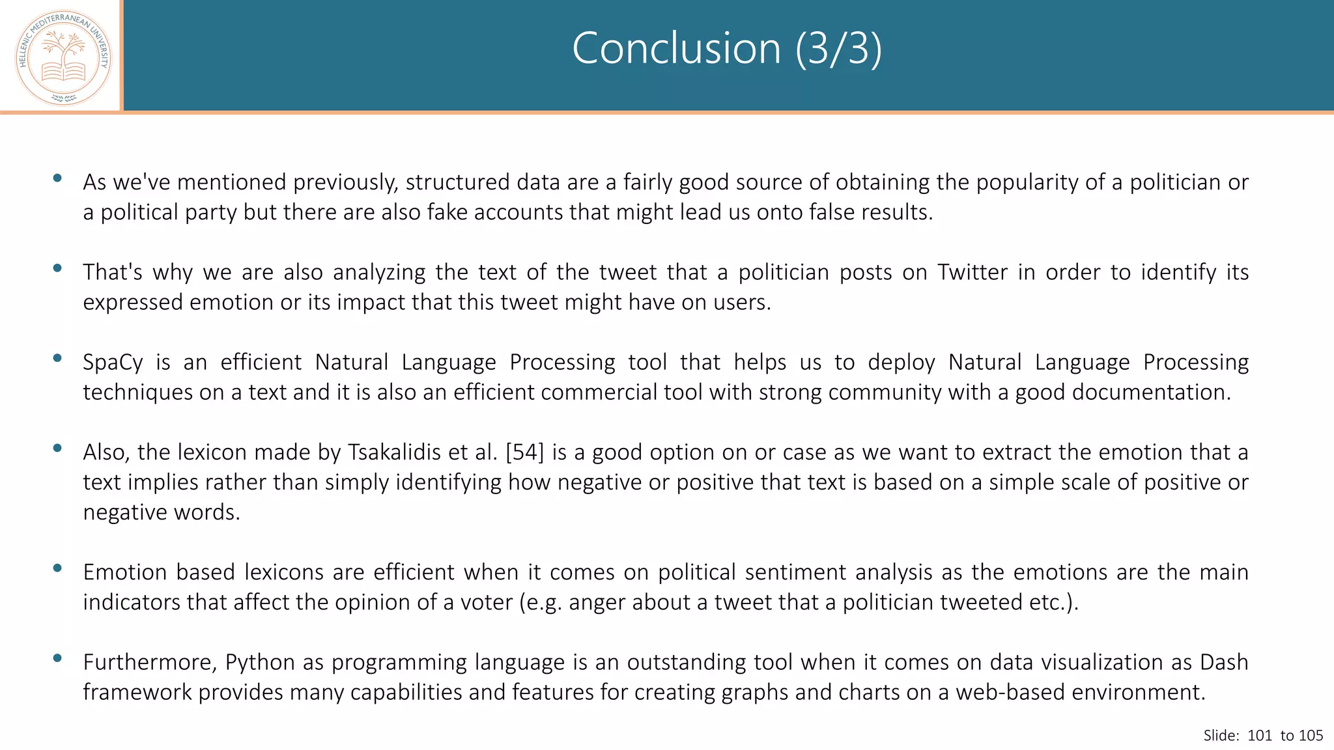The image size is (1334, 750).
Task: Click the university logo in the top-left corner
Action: (x=63, y=57)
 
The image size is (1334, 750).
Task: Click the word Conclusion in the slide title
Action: (x=676, y=48)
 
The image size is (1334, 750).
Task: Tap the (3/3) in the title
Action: (x=839, y=48)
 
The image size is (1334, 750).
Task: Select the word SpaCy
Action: (x=113, y=362)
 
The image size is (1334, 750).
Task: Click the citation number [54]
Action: (x=524, y=452)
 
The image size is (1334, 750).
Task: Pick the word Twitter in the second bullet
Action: (x=972, y=272)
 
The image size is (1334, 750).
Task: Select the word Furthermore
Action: (x=150, y=662)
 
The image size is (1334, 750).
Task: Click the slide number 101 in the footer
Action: (x=1260, y=736)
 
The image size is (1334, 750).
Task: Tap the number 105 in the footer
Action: (x=1311, y=736)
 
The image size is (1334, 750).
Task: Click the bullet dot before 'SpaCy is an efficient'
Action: (x=57, y=357)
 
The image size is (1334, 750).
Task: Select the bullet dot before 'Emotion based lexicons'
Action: (x=57, y=568)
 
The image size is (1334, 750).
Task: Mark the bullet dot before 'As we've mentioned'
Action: (x=57, y=178)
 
